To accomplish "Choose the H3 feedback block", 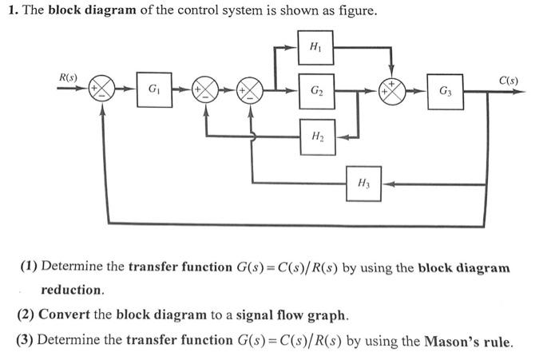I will (x=363, y=183).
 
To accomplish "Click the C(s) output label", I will (x=508, y=81).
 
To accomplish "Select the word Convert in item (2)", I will (x=64, y=315).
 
